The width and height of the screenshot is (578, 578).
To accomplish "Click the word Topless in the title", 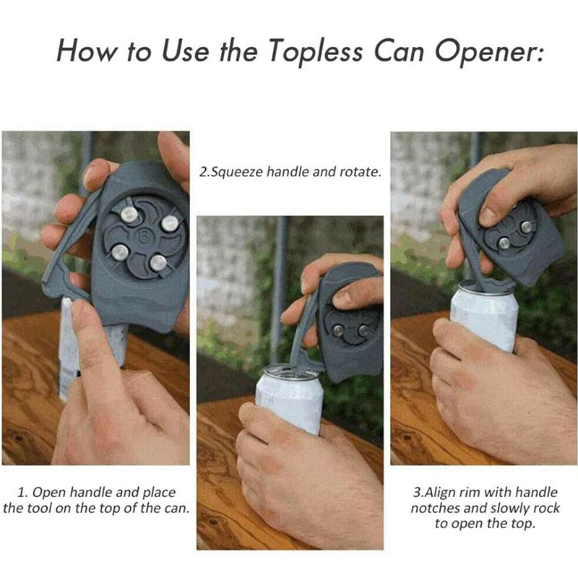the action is [316, 51].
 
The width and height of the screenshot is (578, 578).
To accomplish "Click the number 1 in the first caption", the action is [22, 493].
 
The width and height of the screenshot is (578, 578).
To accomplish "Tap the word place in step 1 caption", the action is [159, 493].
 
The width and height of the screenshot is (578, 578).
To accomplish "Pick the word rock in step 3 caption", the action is [545, 509].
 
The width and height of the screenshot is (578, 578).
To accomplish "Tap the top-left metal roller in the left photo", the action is [129, 215].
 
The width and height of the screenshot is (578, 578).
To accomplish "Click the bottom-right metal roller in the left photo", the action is [158, 262].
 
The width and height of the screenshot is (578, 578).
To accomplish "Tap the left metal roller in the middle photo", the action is [337, 330].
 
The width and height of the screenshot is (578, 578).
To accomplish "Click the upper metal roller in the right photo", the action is [526, 227].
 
